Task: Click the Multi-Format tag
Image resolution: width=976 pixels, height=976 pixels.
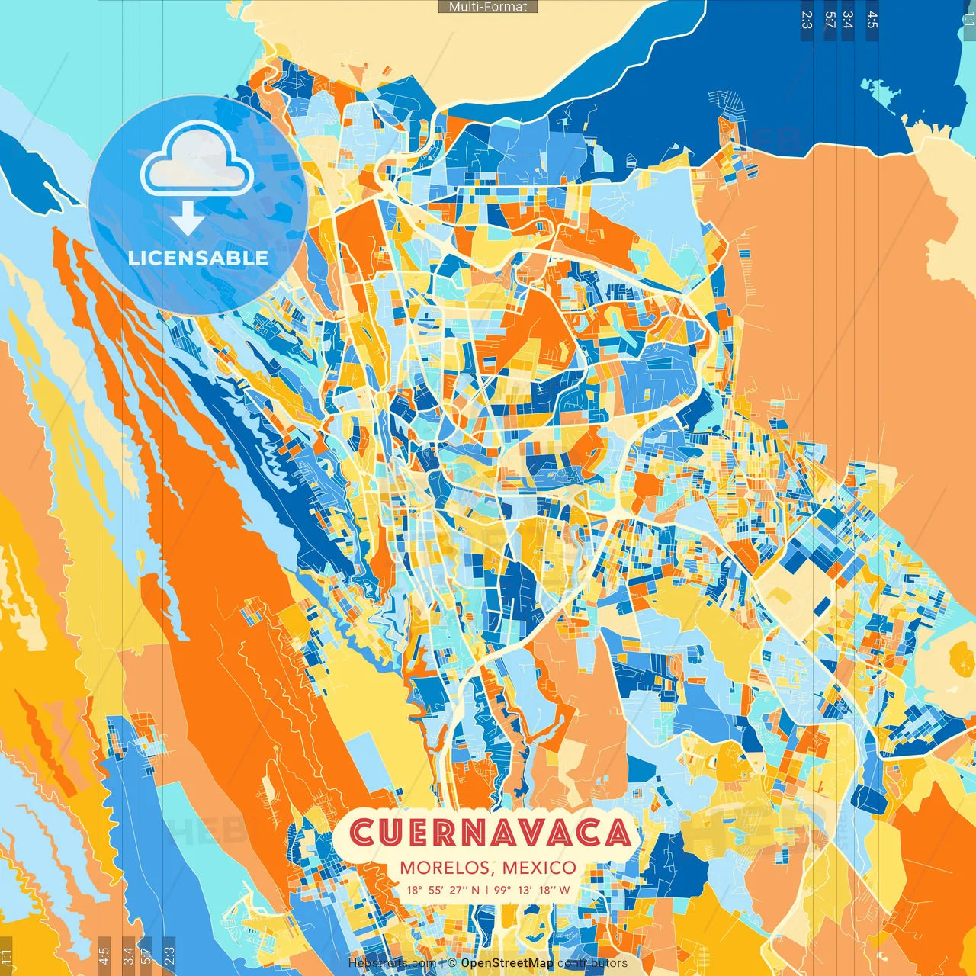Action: point(488,7)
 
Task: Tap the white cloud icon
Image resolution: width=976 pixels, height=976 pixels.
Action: point(197,161)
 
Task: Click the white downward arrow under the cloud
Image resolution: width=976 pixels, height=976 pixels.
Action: point(187,219)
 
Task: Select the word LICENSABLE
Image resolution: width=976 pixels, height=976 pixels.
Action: point(198,258)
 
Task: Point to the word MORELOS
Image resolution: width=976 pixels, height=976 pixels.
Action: point(446,868)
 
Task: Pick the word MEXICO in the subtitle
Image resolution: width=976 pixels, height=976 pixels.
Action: point(539,868)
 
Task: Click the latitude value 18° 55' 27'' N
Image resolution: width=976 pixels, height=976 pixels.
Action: point(443,890)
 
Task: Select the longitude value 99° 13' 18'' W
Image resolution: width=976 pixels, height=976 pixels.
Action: point(531,890)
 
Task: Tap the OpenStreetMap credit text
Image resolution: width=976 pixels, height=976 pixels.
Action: point(507,963)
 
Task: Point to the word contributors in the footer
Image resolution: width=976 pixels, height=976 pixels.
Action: point(592,963)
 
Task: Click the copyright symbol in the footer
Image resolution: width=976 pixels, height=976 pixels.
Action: point(452,963)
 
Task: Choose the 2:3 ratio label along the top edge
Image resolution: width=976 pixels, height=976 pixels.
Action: point(807,20)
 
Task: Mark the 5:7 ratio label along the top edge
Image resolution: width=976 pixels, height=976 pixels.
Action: point(830,20)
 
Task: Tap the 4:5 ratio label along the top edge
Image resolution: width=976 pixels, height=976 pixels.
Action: point(872,20)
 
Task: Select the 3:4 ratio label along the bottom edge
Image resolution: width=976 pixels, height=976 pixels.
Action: point(127,955)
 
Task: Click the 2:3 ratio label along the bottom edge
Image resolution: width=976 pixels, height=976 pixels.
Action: point(169,955)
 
